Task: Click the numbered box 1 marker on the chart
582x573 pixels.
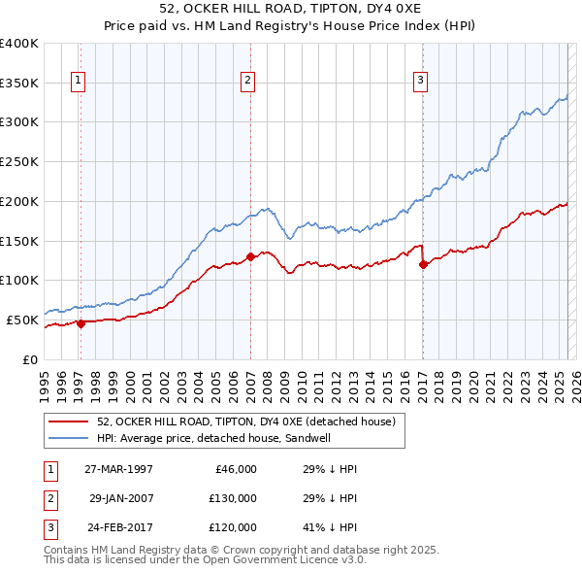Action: pyautogui.click(x=77, y=82)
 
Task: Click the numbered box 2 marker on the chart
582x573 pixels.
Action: pyautogui.click(x=248, y=82)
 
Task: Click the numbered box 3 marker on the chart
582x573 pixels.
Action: pyautogui.click(x=421, y=82)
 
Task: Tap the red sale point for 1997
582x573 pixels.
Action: pyautogui.click(x=81, y=323)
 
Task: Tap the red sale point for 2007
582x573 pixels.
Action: pyautogui.click(x=250, y=257)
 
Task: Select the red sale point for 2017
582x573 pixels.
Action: pyautogui.click(x=423, y=264)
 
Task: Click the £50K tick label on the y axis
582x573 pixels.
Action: pyautogui.click(x=22, y=320)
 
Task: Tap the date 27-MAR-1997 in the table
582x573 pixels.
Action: pyautogui.click(x=118, y=469)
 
